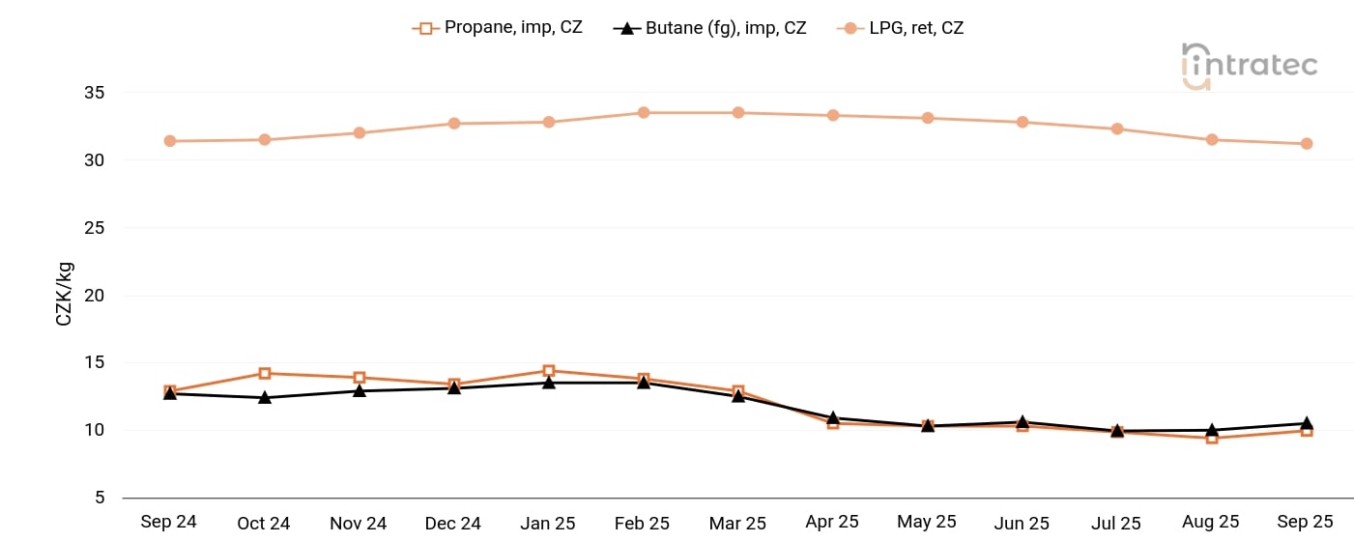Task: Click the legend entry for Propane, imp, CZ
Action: [498, 28]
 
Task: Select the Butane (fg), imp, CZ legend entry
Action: [709, 28]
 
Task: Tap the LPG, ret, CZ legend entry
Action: [900, 28]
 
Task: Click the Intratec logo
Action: [1249, 65]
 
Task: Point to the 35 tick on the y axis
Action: [94, 94]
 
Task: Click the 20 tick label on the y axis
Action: [94, 296]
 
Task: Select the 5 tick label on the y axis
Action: [99, 498]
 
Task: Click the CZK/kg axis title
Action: [64, 295]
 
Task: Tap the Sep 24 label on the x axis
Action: [168, 522]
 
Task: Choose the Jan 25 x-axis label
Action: [548, 523]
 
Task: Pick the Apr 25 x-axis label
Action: [832, 522]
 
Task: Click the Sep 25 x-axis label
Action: [1305, 522]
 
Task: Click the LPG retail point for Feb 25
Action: [643, 113]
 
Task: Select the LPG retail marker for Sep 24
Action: [170, 141]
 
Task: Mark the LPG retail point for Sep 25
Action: [1306, 144]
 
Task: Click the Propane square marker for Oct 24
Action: [265, 373]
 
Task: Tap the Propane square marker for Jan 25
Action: [548, 371]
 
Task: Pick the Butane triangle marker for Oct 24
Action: [265, 397]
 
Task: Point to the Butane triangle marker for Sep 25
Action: [1306, 423]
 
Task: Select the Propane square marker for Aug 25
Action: [1211, 439]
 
